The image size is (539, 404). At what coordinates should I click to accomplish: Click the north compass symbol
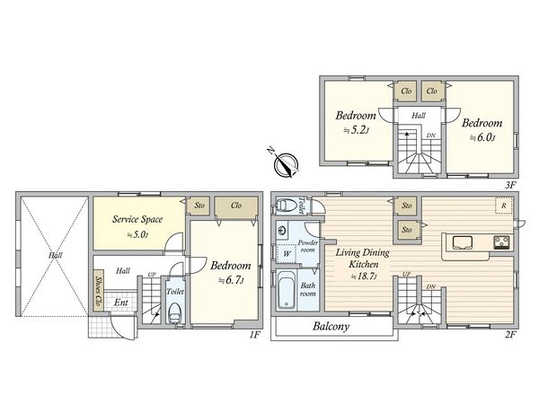coord(286,163)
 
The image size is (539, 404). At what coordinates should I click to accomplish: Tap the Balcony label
coord(331,326)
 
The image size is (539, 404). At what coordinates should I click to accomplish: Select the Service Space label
coord(137,219)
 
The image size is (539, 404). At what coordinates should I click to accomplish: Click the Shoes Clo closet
coord(99,290)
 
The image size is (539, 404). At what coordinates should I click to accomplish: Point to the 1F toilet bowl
coord(174,313)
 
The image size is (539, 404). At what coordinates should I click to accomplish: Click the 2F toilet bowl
coord(286,206)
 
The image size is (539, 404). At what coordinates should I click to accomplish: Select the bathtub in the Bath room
coord(287,290)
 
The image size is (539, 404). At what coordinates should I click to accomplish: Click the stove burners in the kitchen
coord(502,242)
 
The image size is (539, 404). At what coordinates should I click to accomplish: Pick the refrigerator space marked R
coord(504,206)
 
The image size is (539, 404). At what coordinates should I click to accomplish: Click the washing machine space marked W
coord(287,254)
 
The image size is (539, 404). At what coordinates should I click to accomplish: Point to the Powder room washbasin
coord(283,231)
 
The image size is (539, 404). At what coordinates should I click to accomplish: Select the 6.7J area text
coord(232,281)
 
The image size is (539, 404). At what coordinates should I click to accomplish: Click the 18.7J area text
coord(365,276)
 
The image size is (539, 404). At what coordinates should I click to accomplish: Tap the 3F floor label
coord(510,185)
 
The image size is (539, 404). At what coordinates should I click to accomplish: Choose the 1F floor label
coord(254,335)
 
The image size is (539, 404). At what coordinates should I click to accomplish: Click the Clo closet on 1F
coord(235,206)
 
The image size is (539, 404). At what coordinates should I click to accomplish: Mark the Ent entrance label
coord(121,303)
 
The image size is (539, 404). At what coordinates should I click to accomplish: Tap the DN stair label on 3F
coord(430,136)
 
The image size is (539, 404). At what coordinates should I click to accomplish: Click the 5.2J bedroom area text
coord(357,130)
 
